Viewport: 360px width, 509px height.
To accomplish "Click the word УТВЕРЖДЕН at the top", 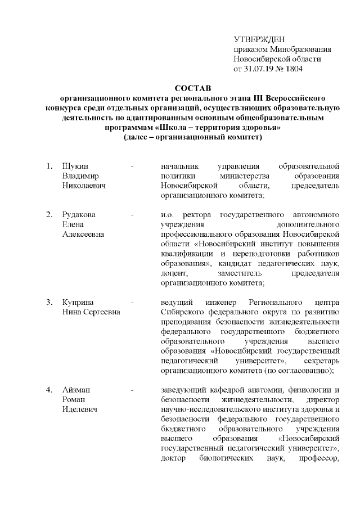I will (259, 39).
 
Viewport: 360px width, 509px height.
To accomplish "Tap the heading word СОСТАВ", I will (191, 88).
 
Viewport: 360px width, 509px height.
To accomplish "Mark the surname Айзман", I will (76, 389).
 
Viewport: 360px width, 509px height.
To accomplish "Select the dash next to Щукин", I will (132, 166).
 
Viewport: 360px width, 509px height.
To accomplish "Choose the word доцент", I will (173, 273).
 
